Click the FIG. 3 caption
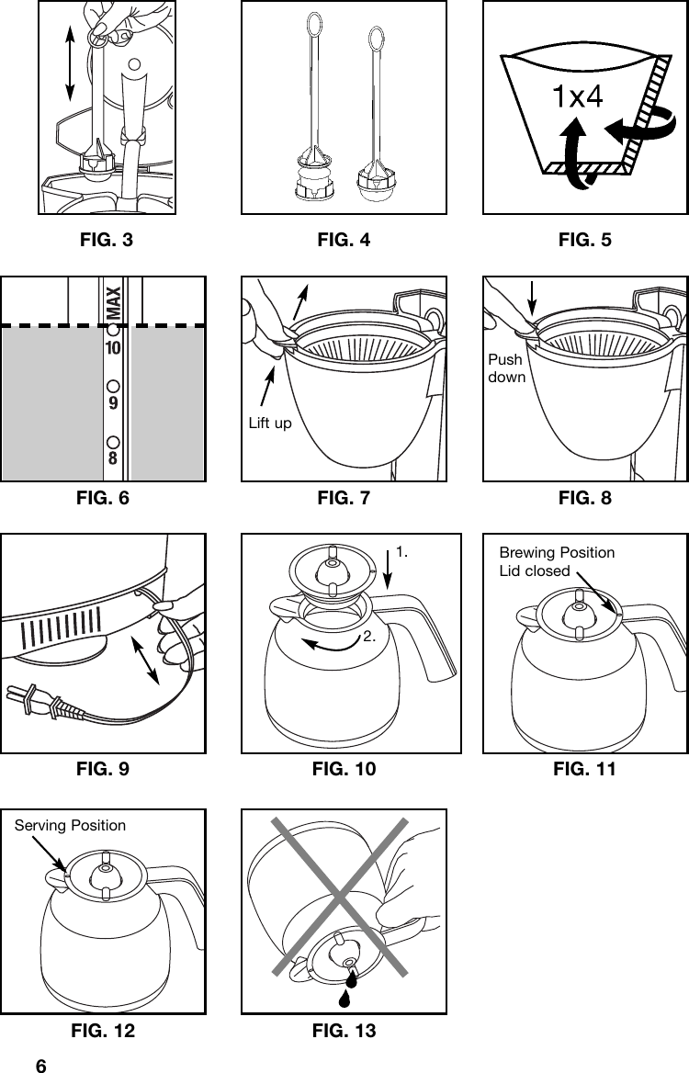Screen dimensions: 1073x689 [107, 241]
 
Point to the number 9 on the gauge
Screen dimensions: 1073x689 [113, 403]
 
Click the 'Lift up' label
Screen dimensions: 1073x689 [270, 424]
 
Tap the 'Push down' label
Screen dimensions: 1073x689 [505, 368]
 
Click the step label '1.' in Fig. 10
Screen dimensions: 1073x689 [401, 552]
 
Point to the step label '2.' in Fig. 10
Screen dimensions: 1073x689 [369, 636]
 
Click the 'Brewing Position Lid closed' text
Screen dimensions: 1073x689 [556, 561]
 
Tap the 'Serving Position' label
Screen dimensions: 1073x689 [70, 825]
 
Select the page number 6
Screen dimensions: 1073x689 [40, 1066]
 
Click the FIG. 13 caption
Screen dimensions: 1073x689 [344, 1032]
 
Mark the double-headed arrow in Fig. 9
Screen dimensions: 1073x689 [146, 656]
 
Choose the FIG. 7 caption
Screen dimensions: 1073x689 [344, 498]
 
